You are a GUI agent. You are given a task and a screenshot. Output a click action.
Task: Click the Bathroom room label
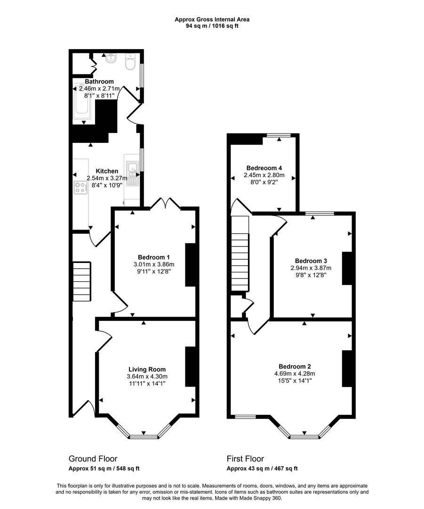pyautogui.click(x=99, y=82)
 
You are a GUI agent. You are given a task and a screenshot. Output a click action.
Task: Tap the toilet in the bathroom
pyautogui.click(x=130, y=62)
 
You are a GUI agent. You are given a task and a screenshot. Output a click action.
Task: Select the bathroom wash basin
pyautogui.click(x=111, y=58)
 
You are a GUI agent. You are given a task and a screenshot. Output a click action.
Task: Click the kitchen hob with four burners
pyautogui.click(x=80, y=187)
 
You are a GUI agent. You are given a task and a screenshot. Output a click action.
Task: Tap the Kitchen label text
pyautogui.click(x=107, y=171)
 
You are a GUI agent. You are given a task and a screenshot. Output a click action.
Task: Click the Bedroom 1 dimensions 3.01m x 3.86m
pyautogui.click(x=154, y=264)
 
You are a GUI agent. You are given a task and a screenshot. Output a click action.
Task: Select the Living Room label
pyautogui.click(x=147, y=369)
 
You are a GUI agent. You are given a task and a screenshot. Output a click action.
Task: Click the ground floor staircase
pyautogui.click(x=81, y=281)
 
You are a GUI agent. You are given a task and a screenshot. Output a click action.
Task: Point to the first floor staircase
pyautogui.click(x=240, y=253)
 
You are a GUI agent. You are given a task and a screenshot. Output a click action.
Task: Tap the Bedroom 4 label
pyautogui.click(x=264, y=168)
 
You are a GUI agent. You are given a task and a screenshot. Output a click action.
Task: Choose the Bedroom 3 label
pyautogui.click(x=311, y=261)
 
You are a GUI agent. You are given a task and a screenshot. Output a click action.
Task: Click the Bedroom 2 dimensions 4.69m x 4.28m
pyautogui.click(x=295, y=373)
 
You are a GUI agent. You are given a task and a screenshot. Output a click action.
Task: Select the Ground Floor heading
pyautogui.click(x=93, y=459)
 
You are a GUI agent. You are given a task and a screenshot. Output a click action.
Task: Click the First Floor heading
pyautogui.click(x=245, y=459)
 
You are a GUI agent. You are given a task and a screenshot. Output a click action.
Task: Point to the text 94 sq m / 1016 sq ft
pyautogui.click(x=212, y=26)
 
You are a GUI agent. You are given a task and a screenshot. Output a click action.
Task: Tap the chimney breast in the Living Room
pyautogui.click(x=191, y=367)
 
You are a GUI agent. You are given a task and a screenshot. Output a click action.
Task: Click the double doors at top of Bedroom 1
pyautogui.click(x=165, y=204)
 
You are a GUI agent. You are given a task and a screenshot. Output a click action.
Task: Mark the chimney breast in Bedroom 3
pyautogui.click(x=347, y=269)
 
